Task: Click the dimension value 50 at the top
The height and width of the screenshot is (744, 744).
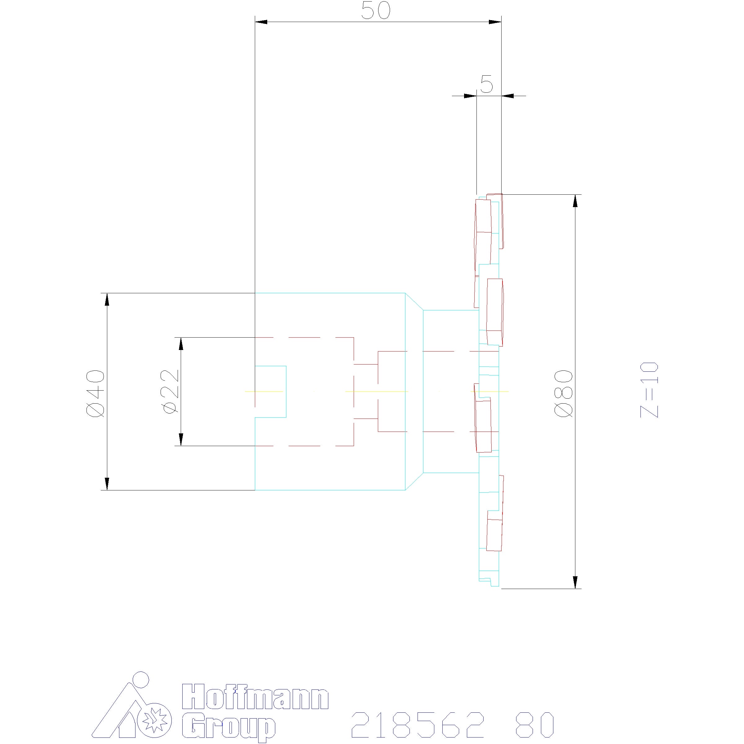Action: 376,11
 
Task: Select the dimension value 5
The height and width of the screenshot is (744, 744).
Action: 487,84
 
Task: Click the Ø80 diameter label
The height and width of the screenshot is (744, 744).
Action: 564,394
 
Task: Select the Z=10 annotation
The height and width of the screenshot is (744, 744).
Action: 649,390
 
